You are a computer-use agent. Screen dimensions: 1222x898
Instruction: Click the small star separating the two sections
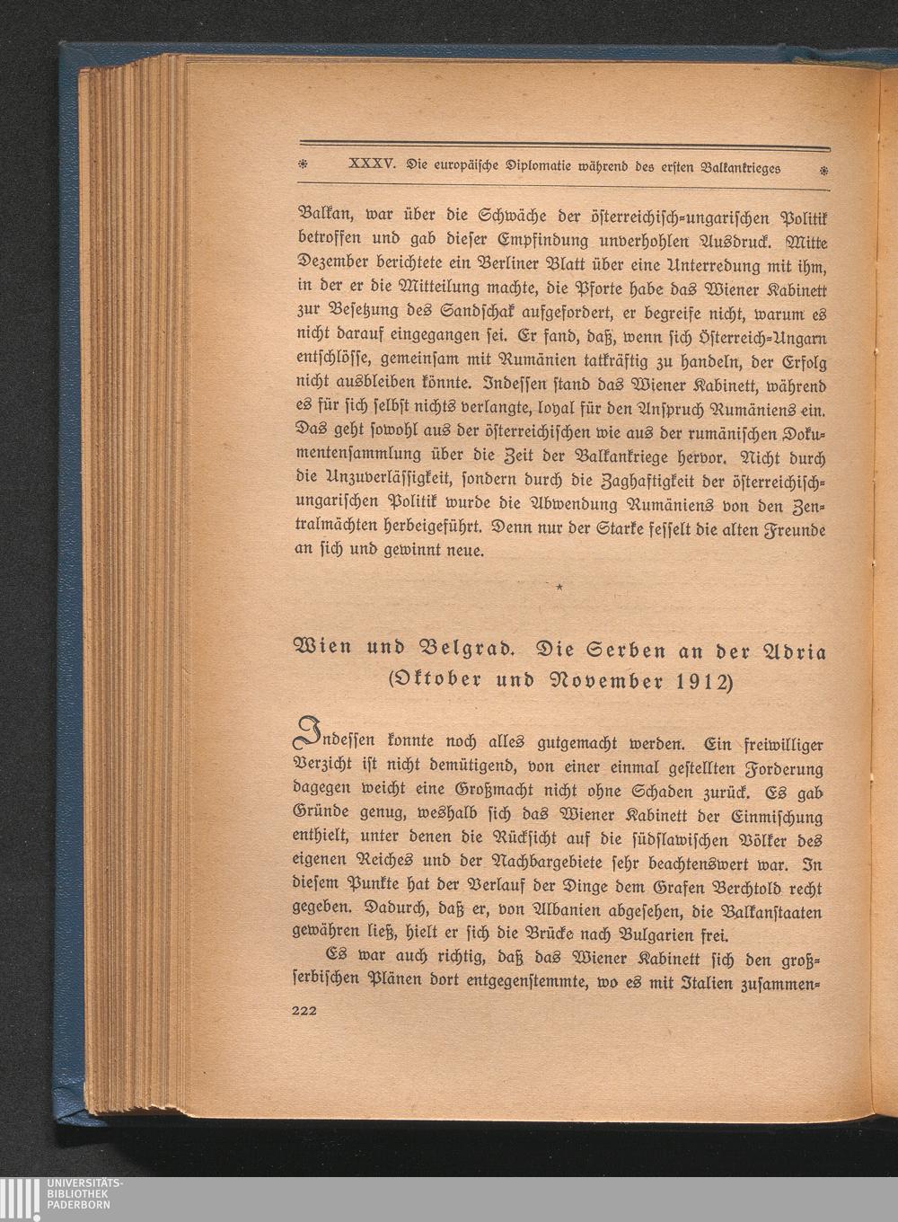[559, 588]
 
